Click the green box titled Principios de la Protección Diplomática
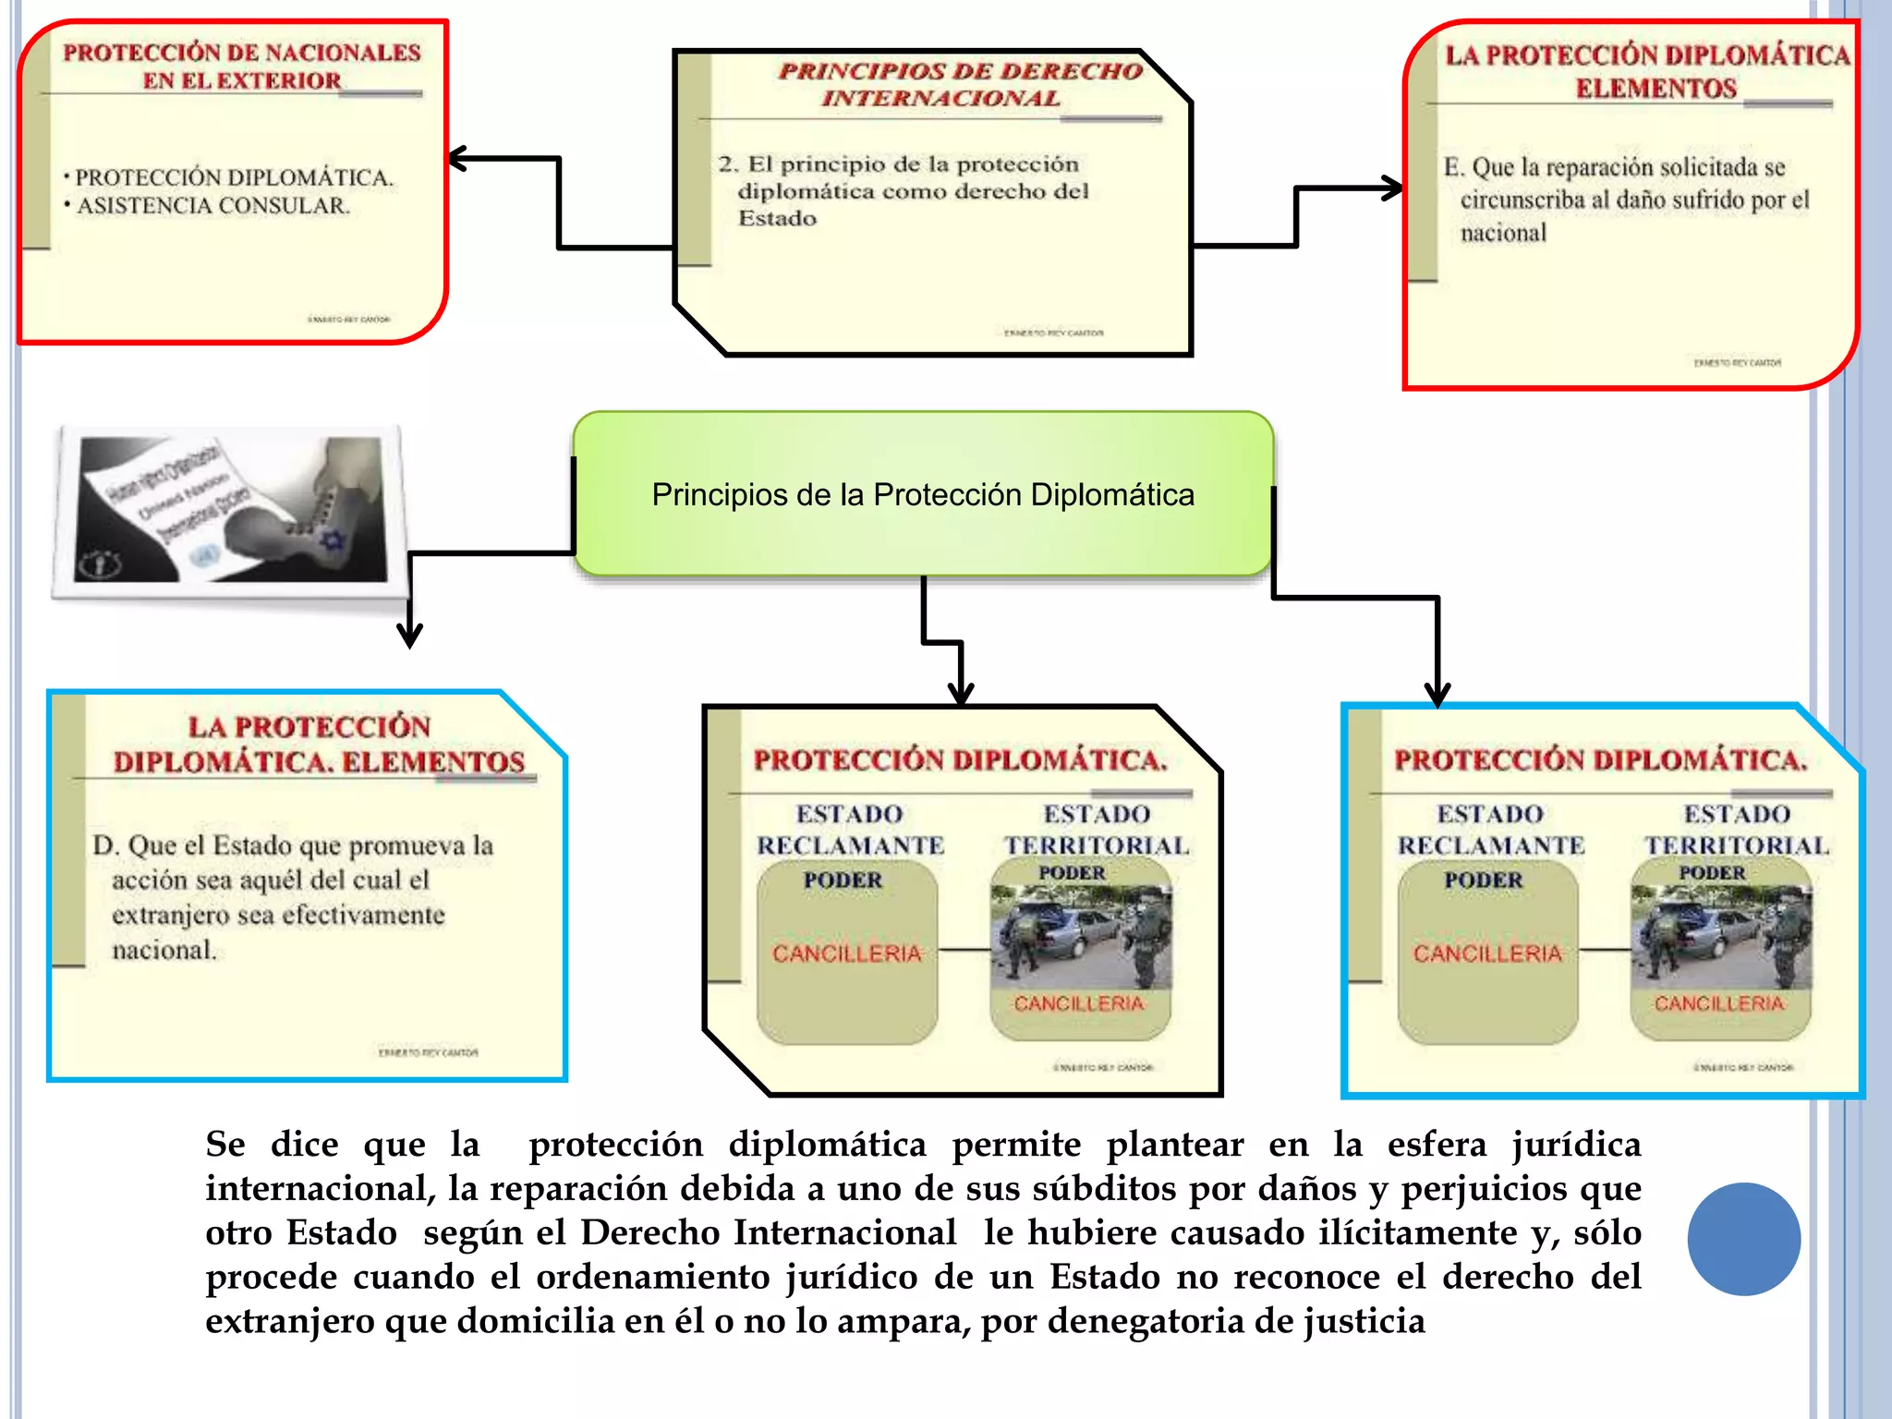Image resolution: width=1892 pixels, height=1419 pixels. pos(922,494)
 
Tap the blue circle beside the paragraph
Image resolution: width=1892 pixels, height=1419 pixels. pos(1743,1238)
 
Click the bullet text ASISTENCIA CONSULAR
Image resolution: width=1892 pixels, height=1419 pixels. pos(213,205)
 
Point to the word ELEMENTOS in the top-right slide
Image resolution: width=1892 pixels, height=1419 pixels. pos(1655,89)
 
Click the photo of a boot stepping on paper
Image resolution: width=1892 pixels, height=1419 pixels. pos(231,511)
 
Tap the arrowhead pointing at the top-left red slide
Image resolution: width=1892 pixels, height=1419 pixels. pos(457,159)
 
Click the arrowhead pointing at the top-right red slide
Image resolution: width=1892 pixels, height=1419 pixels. pos(1393,188)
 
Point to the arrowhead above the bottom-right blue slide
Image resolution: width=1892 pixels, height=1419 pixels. pos(1437,695)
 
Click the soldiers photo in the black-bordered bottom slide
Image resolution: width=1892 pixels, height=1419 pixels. pos(1080,936)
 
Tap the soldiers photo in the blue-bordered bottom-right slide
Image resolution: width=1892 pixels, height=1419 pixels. pos(1721,936)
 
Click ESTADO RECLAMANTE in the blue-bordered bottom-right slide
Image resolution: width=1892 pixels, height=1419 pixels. pos(1490,830)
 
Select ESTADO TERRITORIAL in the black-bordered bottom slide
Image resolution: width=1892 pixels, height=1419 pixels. pos(1097,830)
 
